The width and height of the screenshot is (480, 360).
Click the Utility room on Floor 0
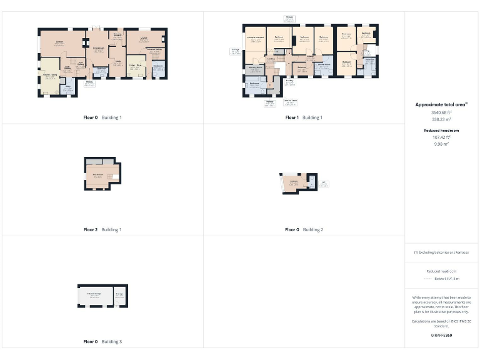tap(69, 87)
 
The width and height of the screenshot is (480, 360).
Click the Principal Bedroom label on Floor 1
tap(255, 39)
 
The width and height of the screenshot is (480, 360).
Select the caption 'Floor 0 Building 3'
tap(102, 342)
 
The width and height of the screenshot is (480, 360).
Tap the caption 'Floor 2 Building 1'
tap(102, 229)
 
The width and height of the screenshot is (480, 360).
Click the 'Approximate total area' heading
tap(441, 104)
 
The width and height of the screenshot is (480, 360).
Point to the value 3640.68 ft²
tap(441, 112)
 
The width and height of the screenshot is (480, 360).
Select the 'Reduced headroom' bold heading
tap(441, 130)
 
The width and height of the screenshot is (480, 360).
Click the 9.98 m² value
tap(441, 143)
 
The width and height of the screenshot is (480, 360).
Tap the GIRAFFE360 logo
tap(441, 336)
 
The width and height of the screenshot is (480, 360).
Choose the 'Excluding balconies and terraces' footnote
tap(441, 252)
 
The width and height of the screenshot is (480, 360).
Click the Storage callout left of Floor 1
tap(236, 51)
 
